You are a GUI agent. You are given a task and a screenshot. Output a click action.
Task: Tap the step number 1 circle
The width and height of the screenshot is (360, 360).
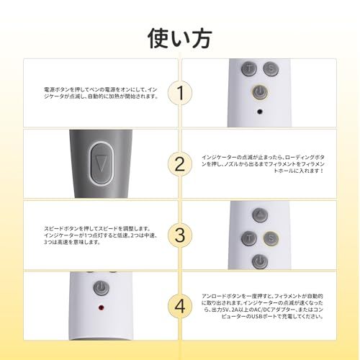coord(180,92)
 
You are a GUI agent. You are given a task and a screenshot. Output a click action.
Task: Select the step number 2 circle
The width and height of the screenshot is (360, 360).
coord(180,163)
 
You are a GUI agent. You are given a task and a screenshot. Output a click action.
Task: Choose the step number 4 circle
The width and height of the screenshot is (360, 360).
coord(180,305)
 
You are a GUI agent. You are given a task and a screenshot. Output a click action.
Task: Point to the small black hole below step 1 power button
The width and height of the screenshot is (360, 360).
coord(259,113)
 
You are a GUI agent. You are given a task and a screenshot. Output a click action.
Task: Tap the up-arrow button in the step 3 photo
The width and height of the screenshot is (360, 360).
coord(259,215)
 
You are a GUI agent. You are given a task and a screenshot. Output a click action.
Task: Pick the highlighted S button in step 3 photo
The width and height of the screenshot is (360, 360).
coord(271,237)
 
